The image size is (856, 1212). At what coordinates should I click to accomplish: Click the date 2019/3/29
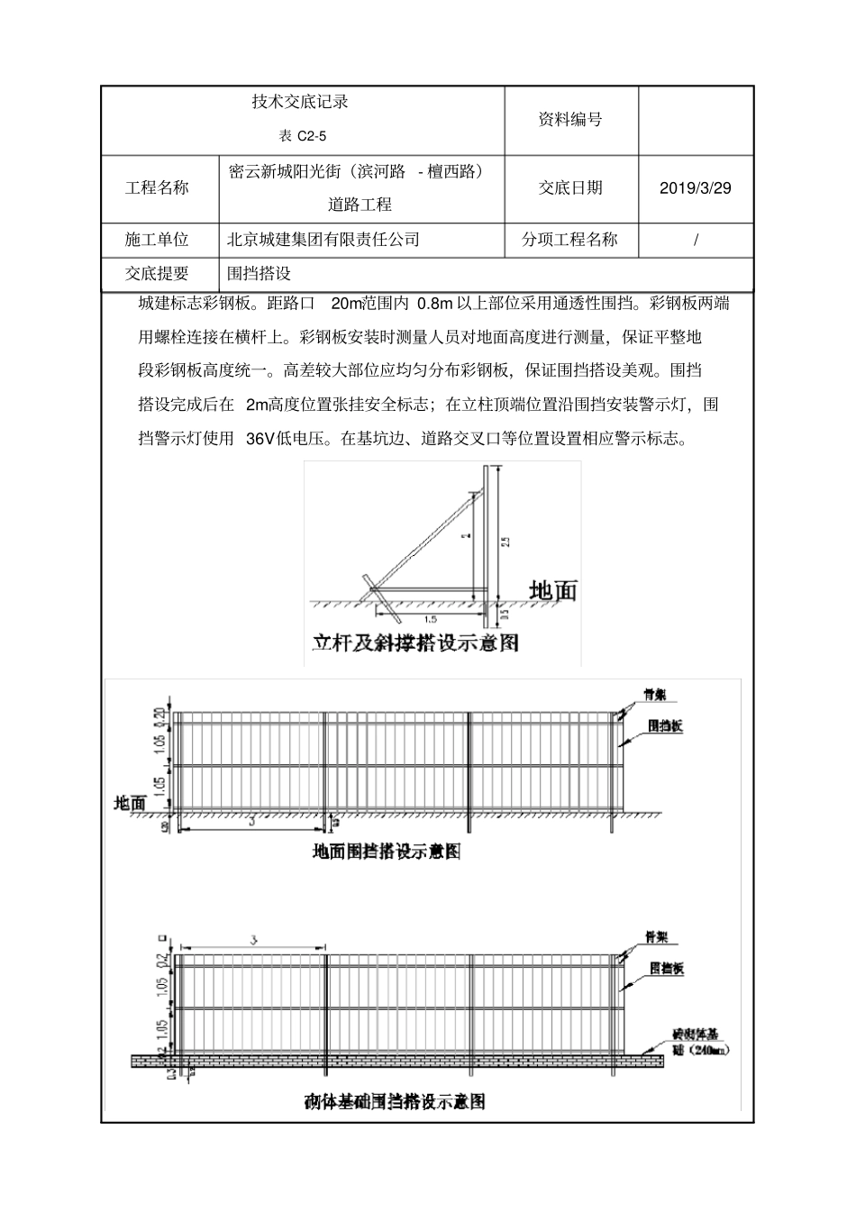[695, 188]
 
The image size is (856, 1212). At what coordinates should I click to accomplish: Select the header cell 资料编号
[569, 120]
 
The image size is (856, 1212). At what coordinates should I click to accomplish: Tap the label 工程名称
[157, 188]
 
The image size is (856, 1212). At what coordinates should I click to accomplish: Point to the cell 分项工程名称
[569, 240]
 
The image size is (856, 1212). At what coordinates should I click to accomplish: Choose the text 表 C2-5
[300, 136]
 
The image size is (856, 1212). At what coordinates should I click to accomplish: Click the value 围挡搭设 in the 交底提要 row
[259, 274]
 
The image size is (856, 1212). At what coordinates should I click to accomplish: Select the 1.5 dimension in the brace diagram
[429, 620]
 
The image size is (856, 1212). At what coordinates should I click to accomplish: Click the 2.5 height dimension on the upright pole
[506, 541]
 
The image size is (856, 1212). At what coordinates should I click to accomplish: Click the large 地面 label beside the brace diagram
[552, 591]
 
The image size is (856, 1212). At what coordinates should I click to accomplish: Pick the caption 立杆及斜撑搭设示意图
[415, 643]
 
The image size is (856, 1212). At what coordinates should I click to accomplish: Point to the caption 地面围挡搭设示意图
[387, 851]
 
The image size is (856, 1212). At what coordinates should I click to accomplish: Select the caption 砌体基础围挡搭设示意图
[395, 1101]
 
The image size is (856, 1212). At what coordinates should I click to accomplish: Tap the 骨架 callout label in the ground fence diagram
[654, 694]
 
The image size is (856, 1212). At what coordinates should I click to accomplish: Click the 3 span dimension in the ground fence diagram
[252, 821]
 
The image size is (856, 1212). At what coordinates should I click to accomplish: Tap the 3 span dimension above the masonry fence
[254, 940]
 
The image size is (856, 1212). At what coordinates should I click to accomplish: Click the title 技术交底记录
[300, 103]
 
